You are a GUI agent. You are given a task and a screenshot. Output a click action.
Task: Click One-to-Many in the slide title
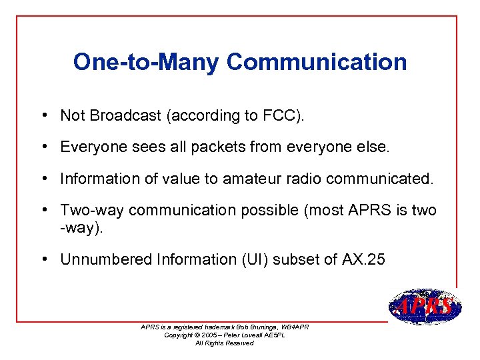pos(146,62)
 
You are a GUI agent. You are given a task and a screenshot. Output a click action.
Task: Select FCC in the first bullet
pos(281,115)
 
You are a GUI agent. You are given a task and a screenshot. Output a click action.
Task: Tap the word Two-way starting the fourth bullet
pos(92,211)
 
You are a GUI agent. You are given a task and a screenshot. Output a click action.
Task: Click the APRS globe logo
pos(424,307)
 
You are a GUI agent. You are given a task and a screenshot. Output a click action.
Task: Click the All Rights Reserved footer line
pos(225,343)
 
